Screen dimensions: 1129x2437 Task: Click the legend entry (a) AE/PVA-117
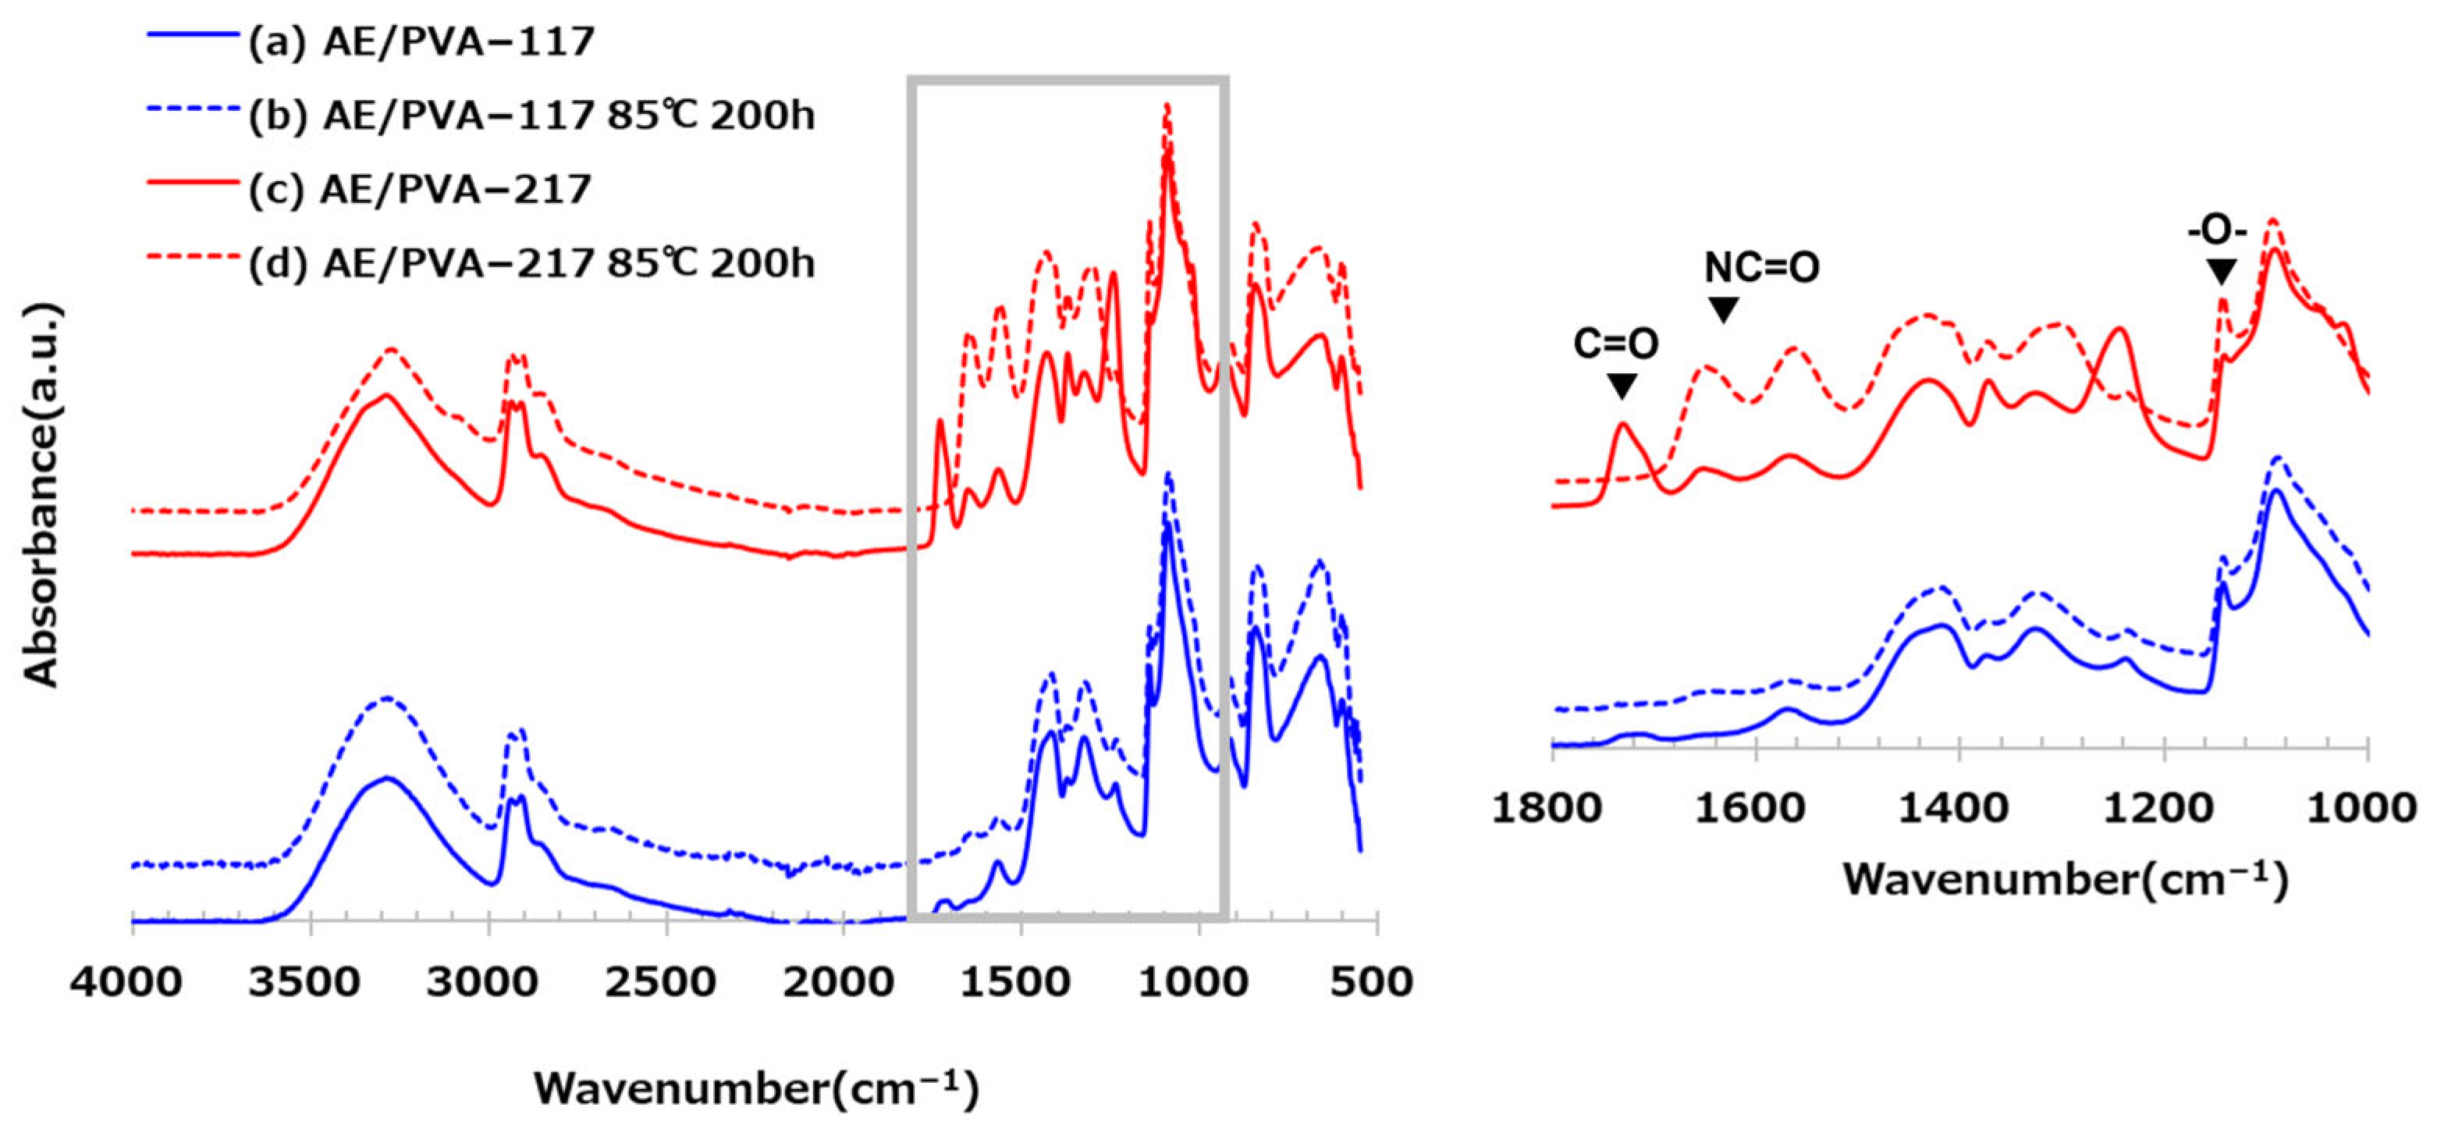pos(420,41)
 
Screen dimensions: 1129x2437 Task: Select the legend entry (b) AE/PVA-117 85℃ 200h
pos(530,116)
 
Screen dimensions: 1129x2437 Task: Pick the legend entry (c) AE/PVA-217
pos(418,189)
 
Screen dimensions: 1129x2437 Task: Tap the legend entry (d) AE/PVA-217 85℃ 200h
pos(530,263)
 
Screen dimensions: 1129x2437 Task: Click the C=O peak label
pos(1616,344)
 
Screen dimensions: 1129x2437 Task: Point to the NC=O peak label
pos(1761,268)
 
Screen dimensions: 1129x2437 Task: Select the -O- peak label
pos(2217,232)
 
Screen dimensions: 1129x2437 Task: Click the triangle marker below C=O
pos(1622,385)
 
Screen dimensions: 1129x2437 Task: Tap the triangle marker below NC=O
pos(1724,309)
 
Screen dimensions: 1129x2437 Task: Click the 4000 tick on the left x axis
pos(126,981)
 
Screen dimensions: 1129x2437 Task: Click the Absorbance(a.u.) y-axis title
pos(41,494)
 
